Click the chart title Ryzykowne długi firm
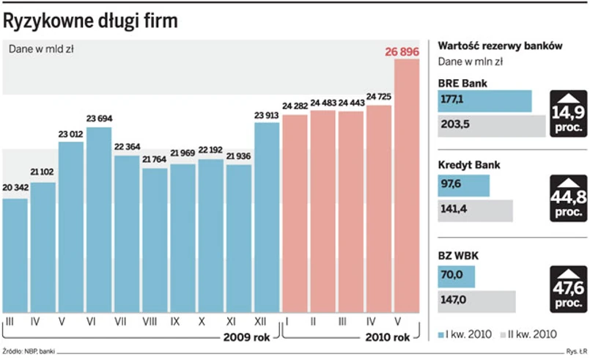pos(90,22)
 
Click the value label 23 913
pos(267,114)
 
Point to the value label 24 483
pos(323,103)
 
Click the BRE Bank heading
pos(462,83)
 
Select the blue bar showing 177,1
pos(484,101)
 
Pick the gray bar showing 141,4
pos(475,210)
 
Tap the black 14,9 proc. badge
pos(569,114)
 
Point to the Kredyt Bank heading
pos(469,165)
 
